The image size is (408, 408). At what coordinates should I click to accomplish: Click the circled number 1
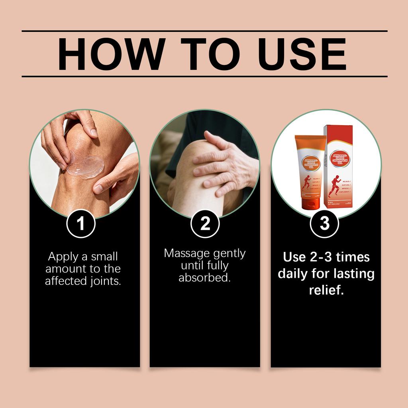pos(81,224)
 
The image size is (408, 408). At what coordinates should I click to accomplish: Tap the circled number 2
pos(205,224)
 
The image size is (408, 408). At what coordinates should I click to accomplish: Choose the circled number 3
pos(325,224)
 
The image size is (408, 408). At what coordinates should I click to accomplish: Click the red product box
pos(339,167)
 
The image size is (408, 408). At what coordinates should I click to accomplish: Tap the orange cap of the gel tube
pos(310,204)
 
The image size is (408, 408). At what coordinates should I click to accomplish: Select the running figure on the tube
pos(306,182)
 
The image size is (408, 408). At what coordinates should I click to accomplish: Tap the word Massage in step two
pos(187,253)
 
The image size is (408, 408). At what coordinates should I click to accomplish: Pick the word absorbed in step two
pos(204,278)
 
